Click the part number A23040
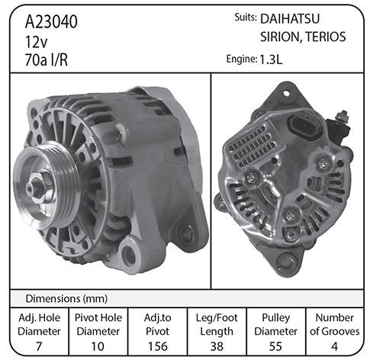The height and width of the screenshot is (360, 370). (x=51, y=21)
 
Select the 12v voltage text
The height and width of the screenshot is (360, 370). (x=36, y=42)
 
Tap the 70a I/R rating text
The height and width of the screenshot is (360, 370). (x=47, y=60)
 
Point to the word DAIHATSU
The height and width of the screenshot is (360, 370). (x=290, y=19)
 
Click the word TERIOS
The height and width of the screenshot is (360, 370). (x=326, y=37)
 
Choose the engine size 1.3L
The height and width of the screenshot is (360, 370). (x=271, y=59)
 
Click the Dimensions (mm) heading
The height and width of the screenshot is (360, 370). (x=66, y=298)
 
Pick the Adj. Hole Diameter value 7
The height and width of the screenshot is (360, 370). (x=39, y=346)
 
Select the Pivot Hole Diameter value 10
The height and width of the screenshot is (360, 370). (x=98, y=346)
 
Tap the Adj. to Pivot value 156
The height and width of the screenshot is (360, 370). (x=158, y=346)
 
